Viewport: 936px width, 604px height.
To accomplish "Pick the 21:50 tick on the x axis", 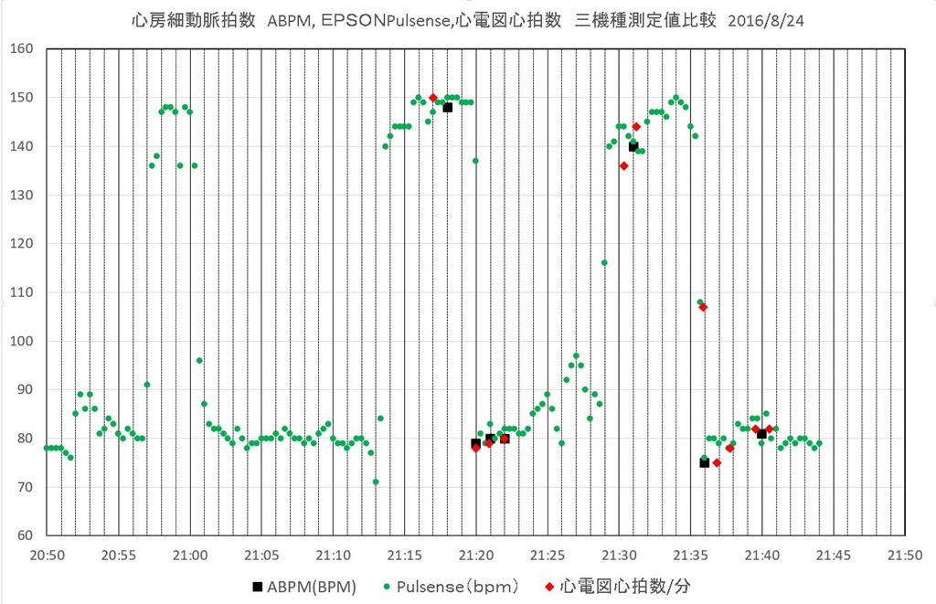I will (905, 555).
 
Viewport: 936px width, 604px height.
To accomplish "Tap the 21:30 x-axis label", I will (619, 555).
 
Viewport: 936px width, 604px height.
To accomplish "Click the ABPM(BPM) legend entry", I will (304, 586).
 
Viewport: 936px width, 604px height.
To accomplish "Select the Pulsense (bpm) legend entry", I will (452, 586).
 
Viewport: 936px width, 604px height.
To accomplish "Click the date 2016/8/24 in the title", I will (773, 18).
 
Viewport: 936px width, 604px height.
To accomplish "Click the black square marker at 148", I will (448, 108).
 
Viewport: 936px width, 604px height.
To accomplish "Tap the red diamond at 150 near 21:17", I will (433, 98).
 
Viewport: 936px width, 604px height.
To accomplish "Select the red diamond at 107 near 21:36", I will (703, 307).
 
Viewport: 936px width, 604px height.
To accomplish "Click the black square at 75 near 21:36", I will (705, 463).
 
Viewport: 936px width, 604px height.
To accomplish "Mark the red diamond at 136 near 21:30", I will (623, 166).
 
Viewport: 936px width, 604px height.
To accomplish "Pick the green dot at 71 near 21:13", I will (376, 482).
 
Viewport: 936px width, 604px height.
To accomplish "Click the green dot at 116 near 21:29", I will (604, 263).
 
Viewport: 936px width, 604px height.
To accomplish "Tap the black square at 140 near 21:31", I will (633, 146).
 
